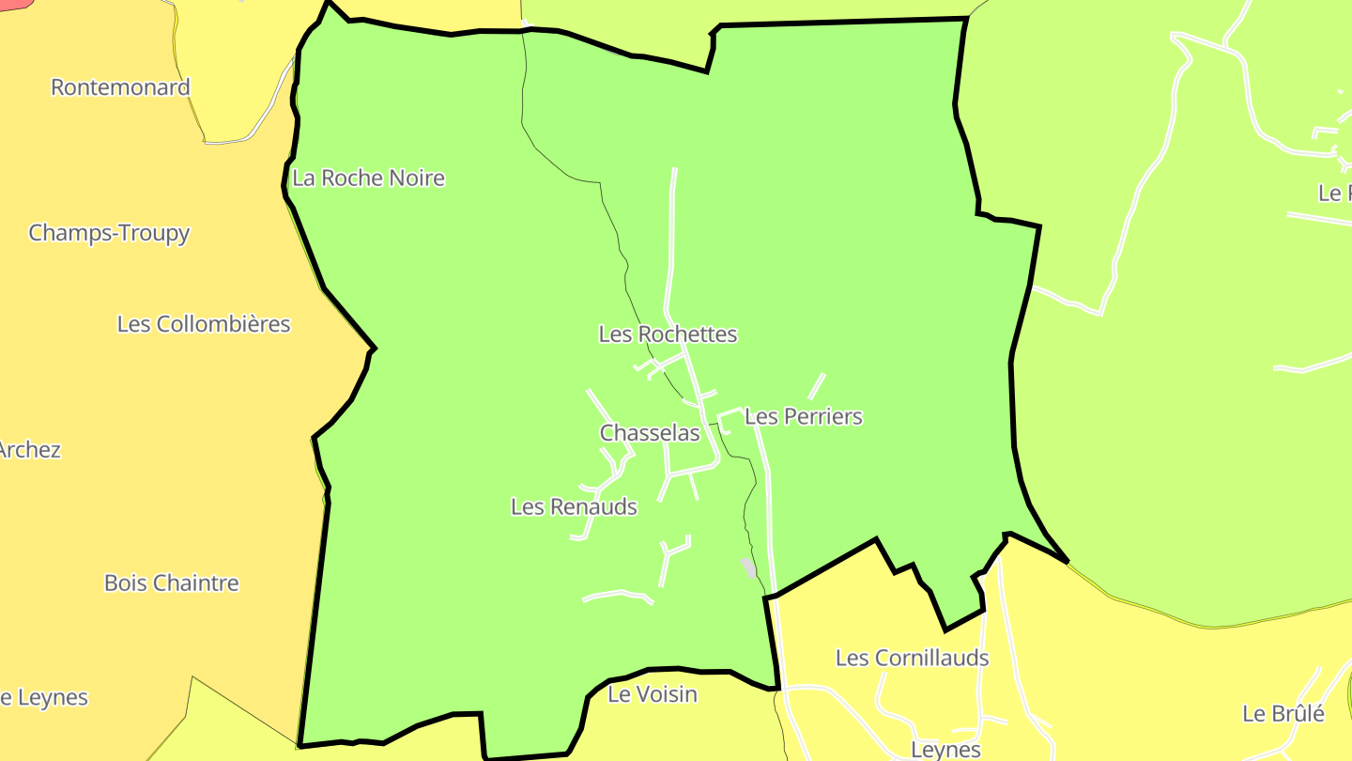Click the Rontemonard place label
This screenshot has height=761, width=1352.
120,87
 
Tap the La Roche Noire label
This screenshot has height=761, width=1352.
368,178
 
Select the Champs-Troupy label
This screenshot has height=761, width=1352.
109,233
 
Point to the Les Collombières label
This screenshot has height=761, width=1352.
204,324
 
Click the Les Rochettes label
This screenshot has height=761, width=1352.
668,334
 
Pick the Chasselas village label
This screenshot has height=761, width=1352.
650,433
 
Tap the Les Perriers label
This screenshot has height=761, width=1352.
803,416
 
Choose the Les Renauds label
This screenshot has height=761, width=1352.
574,507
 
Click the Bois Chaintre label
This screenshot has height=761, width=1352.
172,583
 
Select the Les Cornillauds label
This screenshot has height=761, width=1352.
912,658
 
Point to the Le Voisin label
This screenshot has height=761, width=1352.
653,694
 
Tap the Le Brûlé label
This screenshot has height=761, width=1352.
1283,714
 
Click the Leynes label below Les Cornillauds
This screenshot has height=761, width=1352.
945,750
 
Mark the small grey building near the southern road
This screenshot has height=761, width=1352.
748,567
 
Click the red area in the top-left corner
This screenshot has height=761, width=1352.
14,4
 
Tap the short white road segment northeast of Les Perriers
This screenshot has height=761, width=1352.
817,386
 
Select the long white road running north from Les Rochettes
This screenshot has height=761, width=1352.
671,244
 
